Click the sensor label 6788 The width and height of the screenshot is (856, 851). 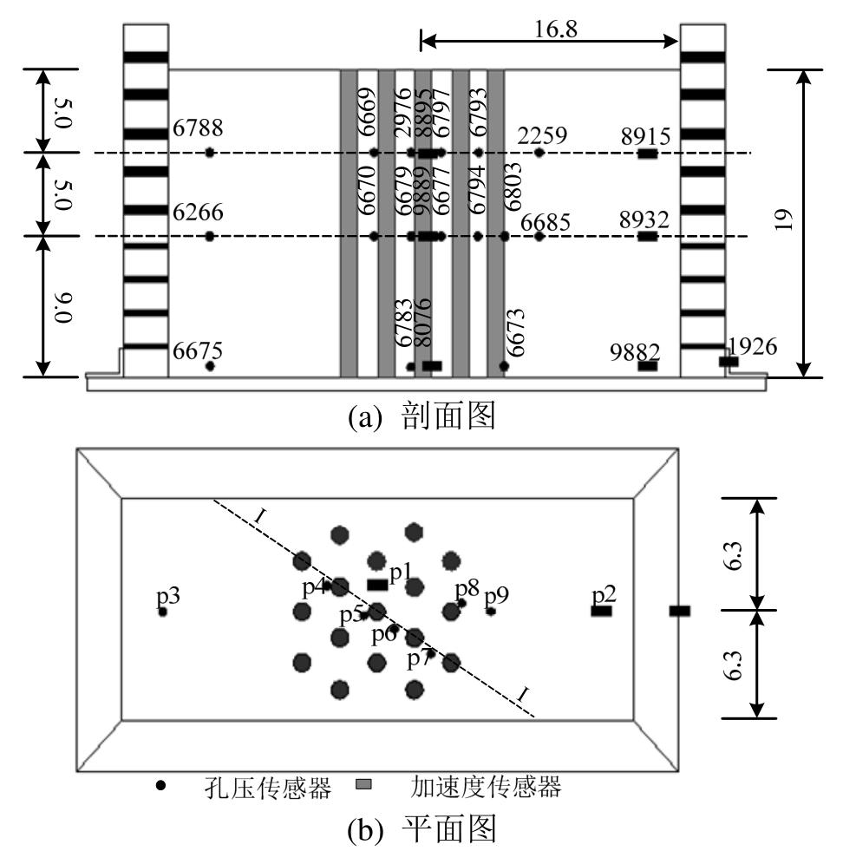pos(198,129)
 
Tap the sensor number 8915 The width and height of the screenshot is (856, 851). pos(645,135)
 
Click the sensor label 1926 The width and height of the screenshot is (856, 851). pos(753,347)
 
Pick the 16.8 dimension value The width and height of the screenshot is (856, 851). pos(555,28)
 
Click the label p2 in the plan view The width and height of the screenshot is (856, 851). pos(604,595)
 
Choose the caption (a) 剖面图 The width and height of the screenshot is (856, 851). pos(421,417)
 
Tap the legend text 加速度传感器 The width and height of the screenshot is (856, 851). pos(487,787)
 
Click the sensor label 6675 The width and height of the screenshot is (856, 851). pos(198,351)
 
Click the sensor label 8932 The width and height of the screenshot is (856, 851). pos(645,219)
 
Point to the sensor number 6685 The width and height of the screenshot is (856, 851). pos(546,223)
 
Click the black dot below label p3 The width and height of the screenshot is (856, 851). pos(162,612)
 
